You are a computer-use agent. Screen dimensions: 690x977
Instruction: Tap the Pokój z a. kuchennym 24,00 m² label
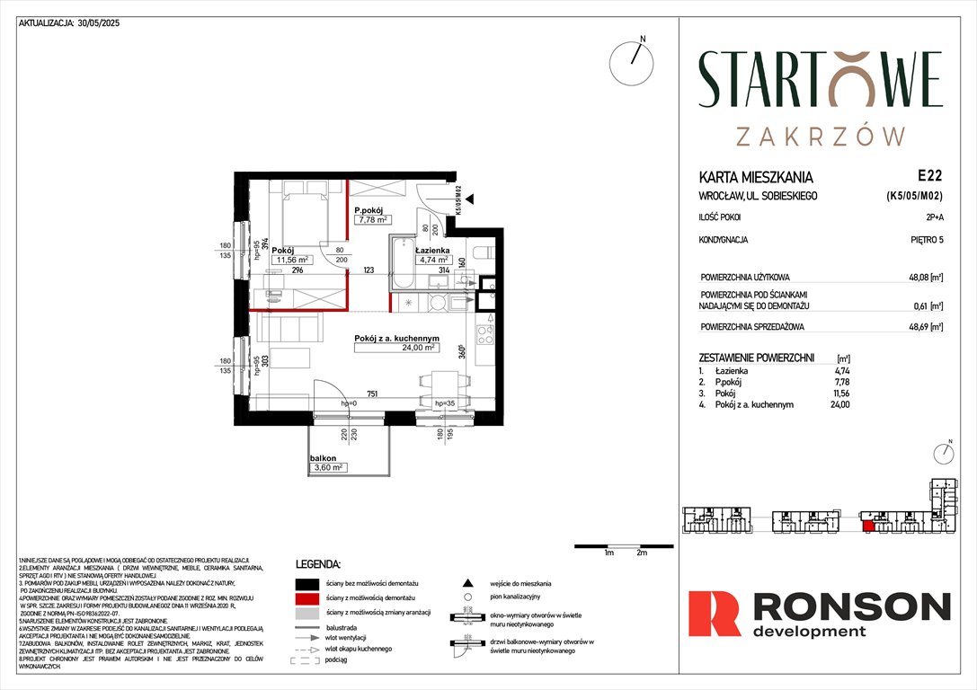395,342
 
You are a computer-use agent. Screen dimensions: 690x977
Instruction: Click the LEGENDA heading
318,565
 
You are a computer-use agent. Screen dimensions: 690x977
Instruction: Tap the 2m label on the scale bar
641,553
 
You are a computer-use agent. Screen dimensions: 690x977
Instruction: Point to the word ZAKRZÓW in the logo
820,136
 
